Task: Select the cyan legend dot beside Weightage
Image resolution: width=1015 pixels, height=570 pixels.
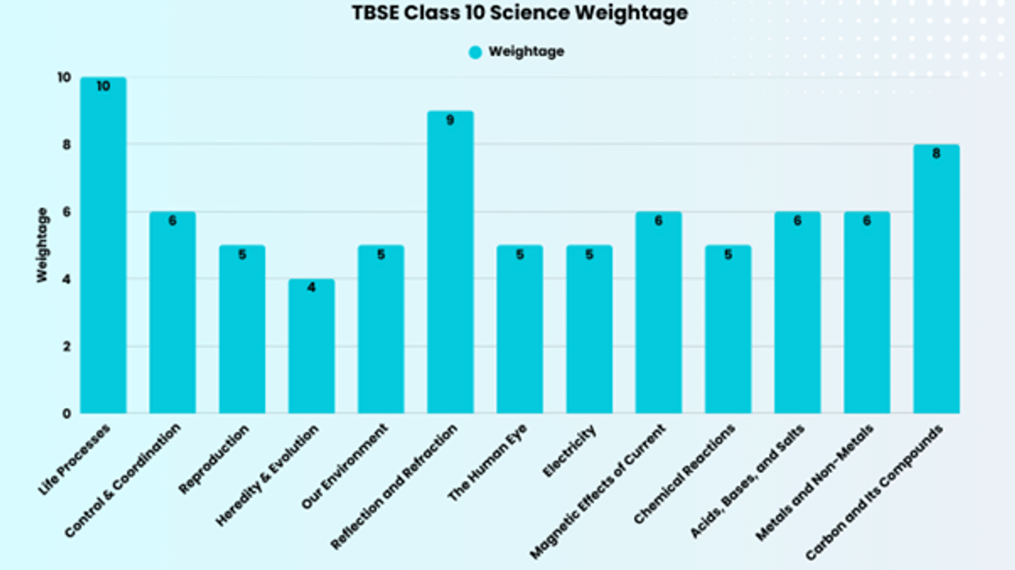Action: pos(475,52)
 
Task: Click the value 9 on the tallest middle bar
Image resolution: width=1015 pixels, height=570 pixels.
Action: pos(450,120)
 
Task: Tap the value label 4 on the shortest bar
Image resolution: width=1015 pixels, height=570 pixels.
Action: pos(311,288)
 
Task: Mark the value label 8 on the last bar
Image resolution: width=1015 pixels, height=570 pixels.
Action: pos(936,154)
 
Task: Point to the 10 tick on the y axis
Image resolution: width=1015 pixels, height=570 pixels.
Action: pos(64,78)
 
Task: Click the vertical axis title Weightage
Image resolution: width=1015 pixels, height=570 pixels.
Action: pos(42,245)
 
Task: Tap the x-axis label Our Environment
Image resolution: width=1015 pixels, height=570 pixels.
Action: pos(345,467)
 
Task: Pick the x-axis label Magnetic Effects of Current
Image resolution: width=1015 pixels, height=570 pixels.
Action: pos(598,491)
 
